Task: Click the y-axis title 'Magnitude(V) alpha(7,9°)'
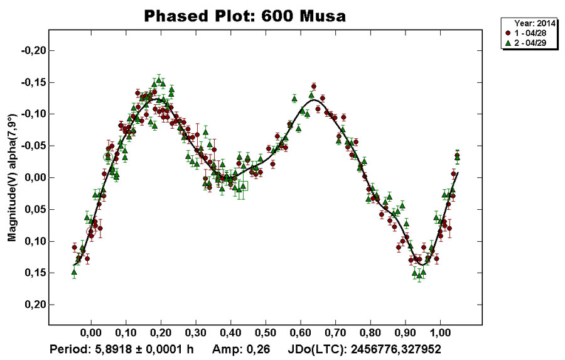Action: [x=11, y=178]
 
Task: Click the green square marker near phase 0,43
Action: [x=243, y=186]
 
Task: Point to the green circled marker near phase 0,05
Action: [x=108, y=157]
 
